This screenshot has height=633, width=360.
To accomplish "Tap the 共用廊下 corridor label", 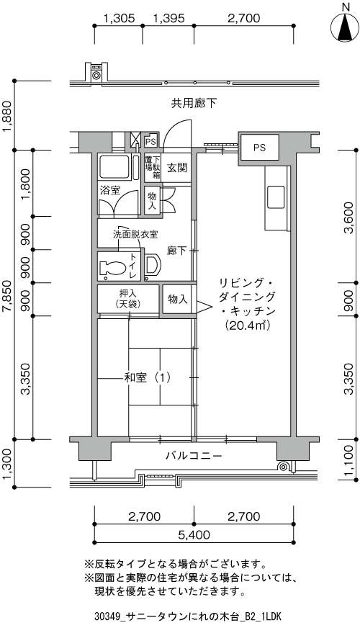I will click(194, 103).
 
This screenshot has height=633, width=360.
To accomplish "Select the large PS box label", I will click(259, 147).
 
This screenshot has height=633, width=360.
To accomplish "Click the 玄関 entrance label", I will click(177, 168).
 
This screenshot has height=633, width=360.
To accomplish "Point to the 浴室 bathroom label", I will click(109, 191).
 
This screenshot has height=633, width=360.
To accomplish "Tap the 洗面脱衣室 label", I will click(135, 235).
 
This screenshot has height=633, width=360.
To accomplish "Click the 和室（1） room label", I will click(147, 376).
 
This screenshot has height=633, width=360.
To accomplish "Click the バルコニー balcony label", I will click(193, 456).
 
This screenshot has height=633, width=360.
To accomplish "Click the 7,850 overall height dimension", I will click(7, 295).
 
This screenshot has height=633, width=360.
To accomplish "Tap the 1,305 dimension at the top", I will click(119, 19).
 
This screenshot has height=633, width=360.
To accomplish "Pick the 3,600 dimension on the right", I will click(348, 216).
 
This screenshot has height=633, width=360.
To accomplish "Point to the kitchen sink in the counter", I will click(276, 196).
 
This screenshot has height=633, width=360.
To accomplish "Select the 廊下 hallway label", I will click(177, 251).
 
